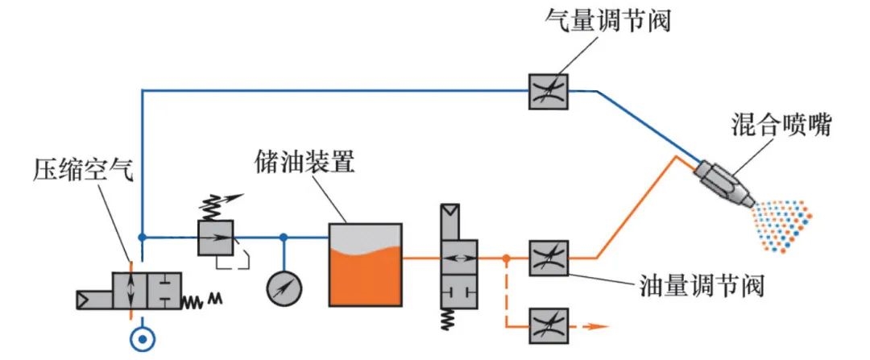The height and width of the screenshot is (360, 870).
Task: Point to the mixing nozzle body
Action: pos(723,181)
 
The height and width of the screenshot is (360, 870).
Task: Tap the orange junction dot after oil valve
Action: pos(505,259)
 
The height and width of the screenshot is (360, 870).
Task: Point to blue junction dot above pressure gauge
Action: pos(283,237)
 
